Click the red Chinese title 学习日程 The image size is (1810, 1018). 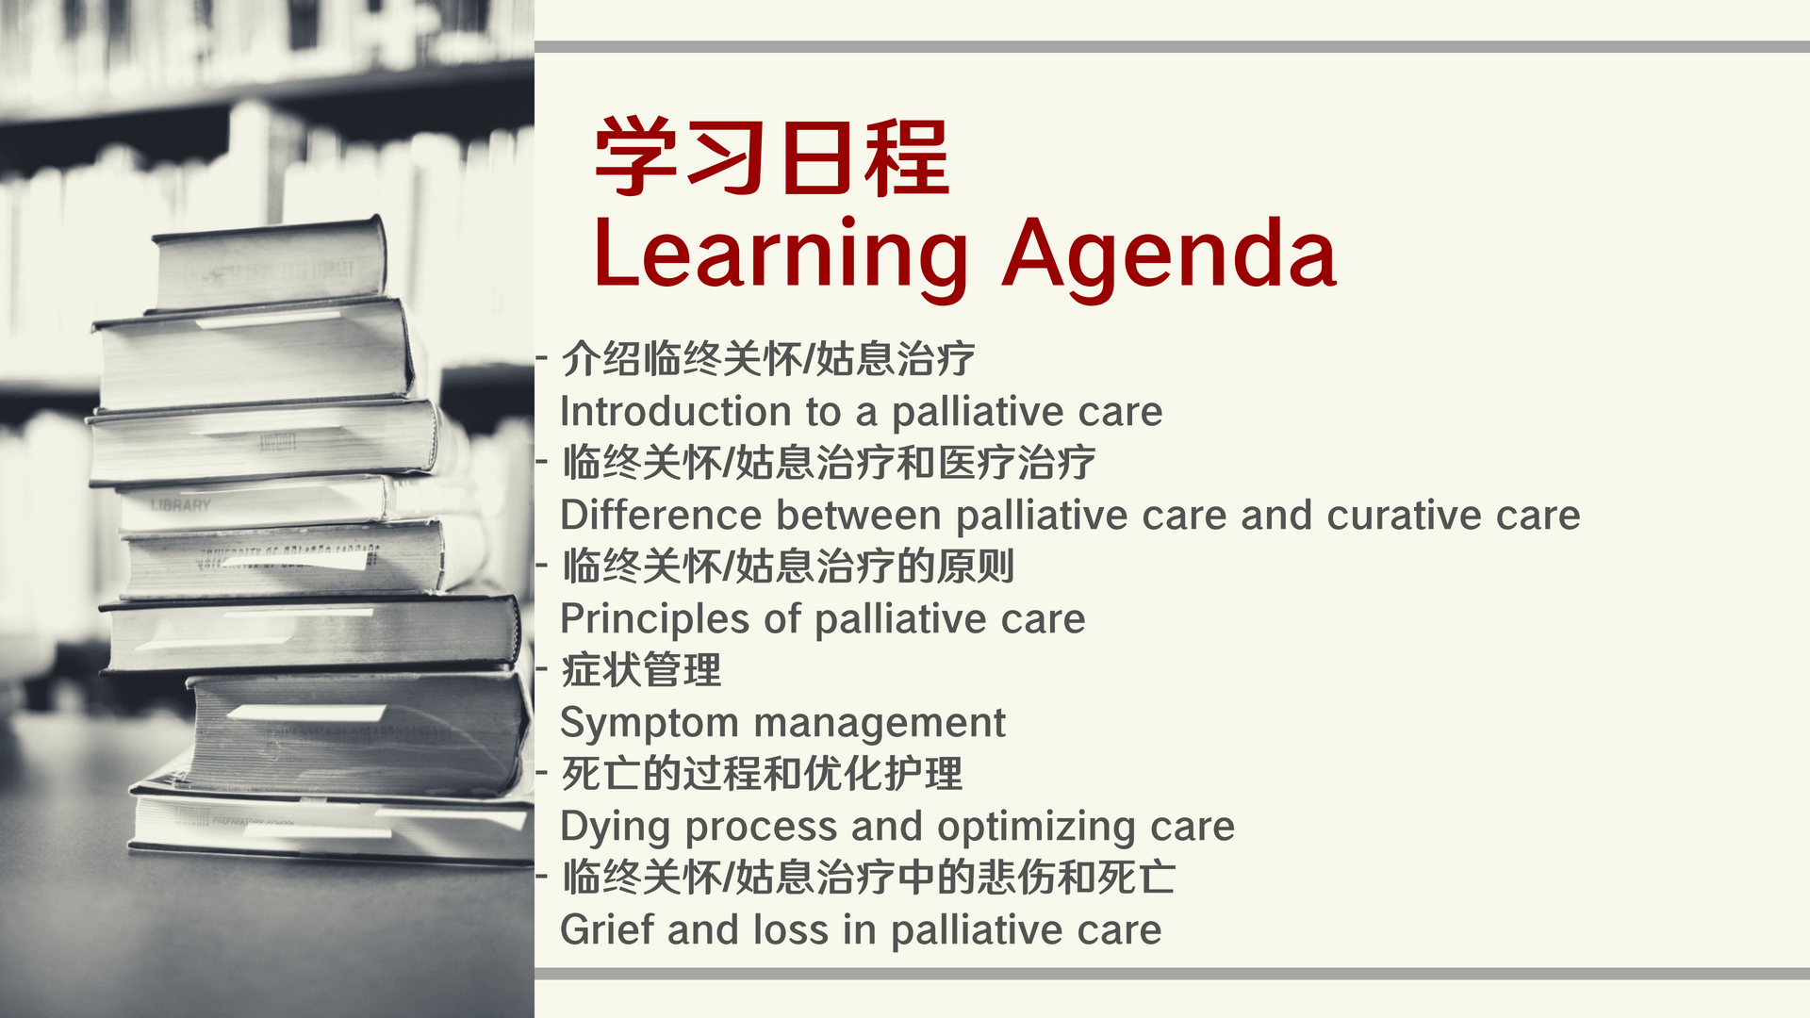[x=771, y=157]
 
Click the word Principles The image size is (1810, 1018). [x=655, y=620]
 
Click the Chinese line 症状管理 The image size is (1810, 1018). [x=641, y=671]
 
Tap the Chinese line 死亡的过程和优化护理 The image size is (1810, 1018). [x=762, y=775]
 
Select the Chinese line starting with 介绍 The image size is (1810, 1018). [x=767, y=359]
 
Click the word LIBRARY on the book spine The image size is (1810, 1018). [x=180, y=505]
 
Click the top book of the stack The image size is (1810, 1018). [x=268, y=265]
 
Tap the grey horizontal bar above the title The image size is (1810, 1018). [x=1172, y=47]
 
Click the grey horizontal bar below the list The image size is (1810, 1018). [x=1172, y=974]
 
